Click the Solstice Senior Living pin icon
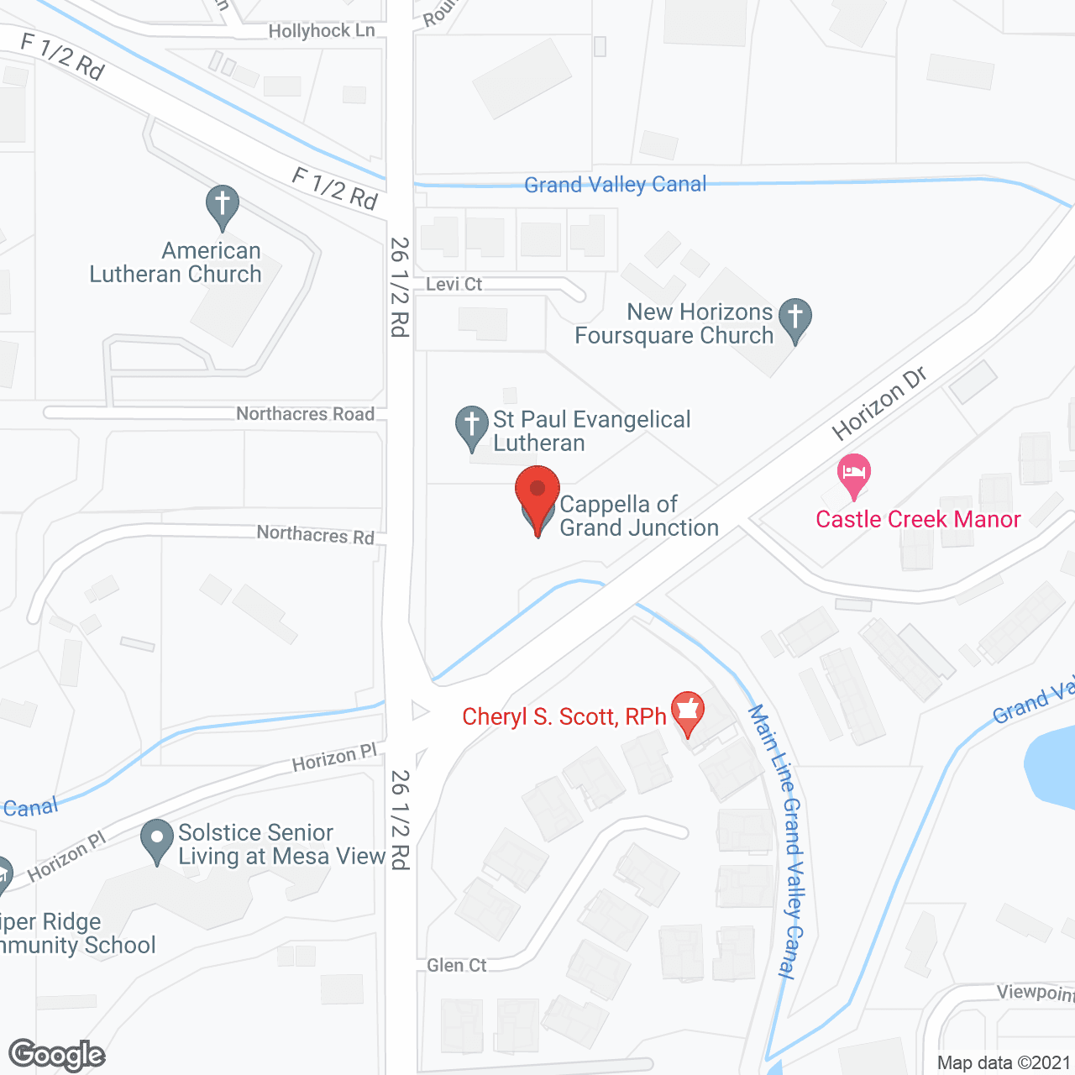coord(157,840)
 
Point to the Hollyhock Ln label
coord(321,31)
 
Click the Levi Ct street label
coord(454,284)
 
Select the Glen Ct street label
coord(456,965)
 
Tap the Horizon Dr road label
coord(878,403)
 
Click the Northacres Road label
coord(305,413)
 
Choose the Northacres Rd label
coord(315,534)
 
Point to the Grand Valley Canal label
coord(615,185)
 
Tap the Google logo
coord(57,1055)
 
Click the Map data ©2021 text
coord(1004,1062)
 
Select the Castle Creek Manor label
coord(918,519)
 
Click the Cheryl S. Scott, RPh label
coord(564,716)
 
